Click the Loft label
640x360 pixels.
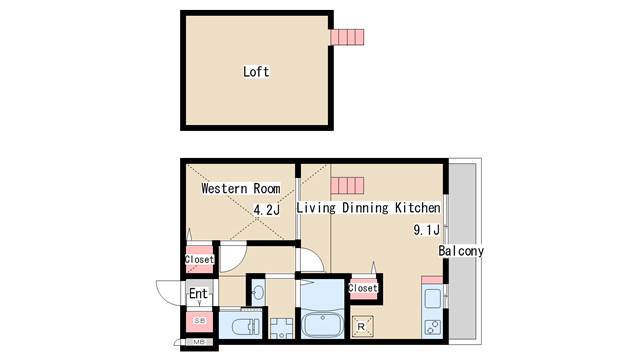pos(256,72)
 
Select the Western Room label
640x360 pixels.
pos(240,188)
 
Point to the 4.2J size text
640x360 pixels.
pos(267,210)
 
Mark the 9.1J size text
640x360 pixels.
pos(427,229)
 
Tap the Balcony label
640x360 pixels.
pos(461,251)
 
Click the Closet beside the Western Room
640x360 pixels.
pos(199,259)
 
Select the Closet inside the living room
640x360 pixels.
pos(362,288)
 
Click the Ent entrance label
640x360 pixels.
pos(199,294)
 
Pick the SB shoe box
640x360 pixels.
pos(199,321)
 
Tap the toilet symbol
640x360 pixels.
pos(240,326)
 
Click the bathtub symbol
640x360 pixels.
pos(323,326)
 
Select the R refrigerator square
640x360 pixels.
pos(361,326)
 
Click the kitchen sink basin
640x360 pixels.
pos(433,298)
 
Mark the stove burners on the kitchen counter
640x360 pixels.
pos(433,327)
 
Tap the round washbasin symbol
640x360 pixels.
pos(258,292)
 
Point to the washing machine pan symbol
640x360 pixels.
pos(280,327)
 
